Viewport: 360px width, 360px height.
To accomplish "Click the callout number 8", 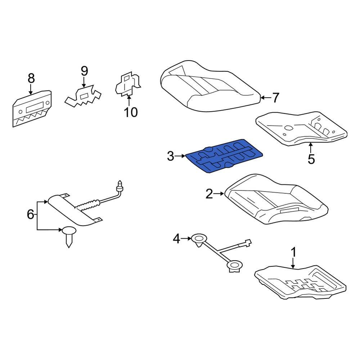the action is pyautogui.click(x=31, y=78).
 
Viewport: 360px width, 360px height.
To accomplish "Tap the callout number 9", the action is pyautogui.click(x=84, y=71).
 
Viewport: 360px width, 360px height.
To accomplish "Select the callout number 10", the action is pyautogui.click(x=131, y=112).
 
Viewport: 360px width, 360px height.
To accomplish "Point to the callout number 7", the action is pyautogui.click(x=275, y=98).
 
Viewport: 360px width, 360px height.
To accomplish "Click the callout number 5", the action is pyautogui.click(x=311, y=159).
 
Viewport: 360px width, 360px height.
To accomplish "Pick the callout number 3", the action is pyautogui.click(x=171, y=156).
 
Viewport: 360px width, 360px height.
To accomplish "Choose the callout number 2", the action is pyautogui.click(x=209, y=194).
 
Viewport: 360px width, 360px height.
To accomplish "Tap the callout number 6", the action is pyautogui.click(x=30, y=215).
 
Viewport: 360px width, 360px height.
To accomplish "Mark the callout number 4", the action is pyautogui.click(x=176, y=239).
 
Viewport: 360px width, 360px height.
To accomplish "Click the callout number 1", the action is pyautogui.click(x=293, y=252).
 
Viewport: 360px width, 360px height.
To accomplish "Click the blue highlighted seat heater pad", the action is pyautogui.click(x=224, y=156).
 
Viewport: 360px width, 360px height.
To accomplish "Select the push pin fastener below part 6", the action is pyautogui.click(x=69, y=237).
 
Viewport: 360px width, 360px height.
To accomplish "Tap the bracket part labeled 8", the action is pyautogui.click(x=32, y=108).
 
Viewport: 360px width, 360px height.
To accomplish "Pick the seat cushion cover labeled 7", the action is pyautogui.click(x=211, y=86).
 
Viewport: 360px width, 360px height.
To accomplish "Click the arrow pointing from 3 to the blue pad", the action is pyautogui.click(x=180, y=156).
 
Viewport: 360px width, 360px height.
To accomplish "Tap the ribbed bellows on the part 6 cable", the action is pyautogui.click(x=87, y=205).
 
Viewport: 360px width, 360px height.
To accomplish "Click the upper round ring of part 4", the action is pyautogui.click(x=199, y=239).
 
